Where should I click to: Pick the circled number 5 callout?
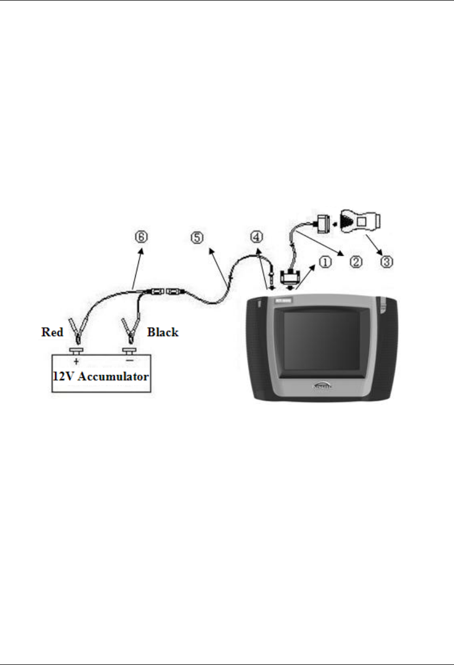(x=197, y=237)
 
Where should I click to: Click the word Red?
(x=53, y=332)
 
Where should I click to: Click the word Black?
(x=163, y=332)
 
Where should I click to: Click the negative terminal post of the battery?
(x=129, y=351)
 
